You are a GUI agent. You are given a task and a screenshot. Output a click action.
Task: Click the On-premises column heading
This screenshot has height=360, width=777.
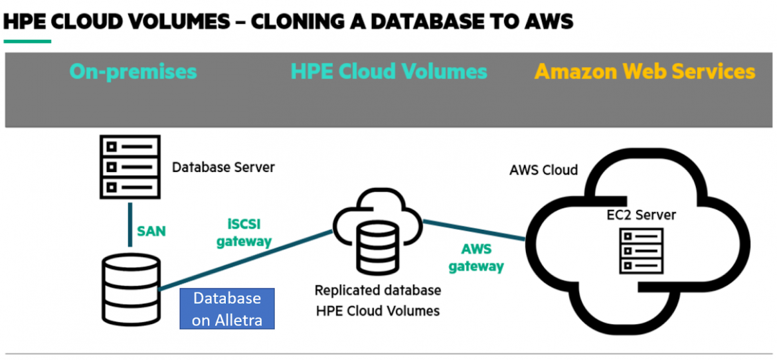[x=133, y=72]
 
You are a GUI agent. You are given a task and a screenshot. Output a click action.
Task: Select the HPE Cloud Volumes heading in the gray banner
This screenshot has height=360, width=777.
[x=388, y=72]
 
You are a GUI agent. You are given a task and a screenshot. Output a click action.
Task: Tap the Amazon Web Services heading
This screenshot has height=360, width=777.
[x=645, y=72]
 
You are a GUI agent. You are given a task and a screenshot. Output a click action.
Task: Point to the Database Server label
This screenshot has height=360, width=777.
[x=223, y=167]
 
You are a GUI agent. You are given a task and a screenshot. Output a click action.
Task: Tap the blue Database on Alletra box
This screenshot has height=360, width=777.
[x=227, y=309]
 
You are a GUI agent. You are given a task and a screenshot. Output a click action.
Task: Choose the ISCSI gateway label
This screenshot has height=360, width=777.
[x=244, y=232]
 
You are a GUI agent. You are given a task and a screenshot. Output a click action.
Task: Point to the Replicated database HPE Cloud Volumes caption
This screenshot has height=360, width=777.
[x=377, y=300]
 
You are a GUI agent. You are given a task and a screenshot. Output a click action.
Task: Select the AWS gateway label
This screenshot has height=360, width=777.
[x=475, y=258]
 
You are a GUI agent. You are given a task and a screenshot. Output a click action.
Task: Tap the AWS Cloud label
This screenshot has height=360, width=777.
[x=543, y=170]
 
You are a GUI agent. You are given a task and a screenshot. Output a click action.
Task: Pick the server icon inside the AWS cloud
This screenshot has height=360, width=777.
[x=642, y=251]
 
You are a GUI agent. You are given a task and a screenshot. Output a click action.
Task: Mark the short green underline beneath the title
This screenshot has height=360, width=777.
[x=27, y=41]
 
